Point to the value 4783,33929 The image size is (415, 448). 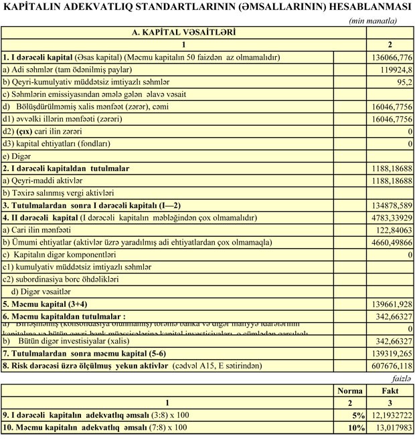[388, 217]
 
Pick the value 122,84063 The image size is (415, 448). [390, 230]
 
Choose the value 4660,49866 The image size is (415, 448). [388, 242]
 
